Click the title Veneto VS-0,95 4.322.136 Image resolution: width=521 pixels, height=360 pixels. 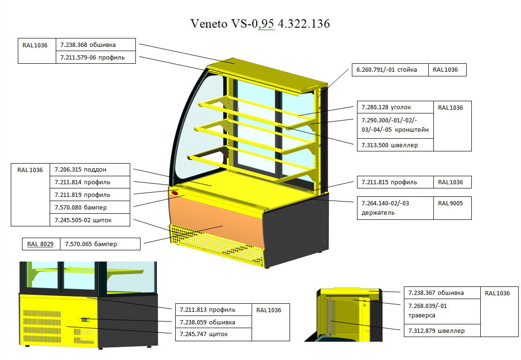click(260, 23)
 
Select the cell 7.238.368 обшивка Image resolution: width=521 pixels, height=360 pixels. click(96, 45)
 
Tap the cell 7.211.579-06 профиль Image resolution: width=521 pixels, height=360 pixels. click(96, 57)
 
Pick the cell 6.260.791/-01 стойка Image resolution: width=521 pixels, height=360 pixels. click(390, 70)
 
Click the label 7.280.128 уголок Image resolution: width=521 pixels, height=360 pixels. click(395, 107)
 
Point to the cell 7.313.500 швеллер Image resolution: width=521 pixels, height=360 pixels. click(395, 145)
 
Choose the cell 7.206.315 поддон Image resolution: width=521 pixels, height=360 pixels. click(89, 170)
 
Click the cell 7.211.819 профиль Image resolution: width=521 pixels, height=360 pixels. click(89, 195)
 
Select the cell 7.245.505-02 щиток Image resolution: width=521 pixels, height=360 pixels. click(89, 220)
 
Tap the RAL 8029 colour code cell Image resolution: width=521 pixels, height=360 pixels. click(41, 244)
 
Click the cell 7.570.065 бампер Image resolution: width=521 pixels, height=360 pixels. click(100, 244)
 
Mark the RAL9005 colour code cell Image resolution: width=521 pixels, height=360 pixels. click(452, 208)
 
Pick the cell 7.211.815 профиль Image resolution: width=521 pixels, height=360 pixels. click(395, 182)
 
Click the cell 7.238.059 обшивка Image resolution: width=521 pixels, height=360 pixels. click(213, 322)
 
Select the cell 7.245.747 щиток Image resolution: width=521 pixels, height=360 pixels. click(213, 334)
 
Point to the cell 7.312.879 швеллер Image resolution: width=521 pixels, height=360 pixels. click(442, 330)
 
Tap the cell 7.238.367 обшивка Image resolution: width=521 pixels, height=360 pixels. click(442, 293)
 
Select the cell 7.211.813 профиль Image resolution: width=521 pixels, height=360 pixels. click(213, 309)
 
